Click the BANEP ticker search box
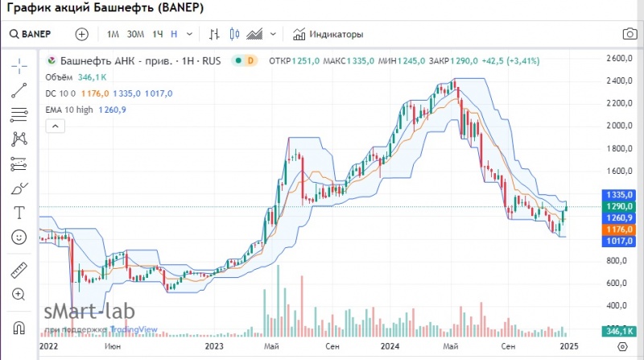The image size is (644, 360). [x=32, y=35]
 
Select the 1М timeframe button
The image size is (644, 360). [x=113, y=35]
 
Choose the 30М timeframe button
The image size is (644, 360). [x=135, y=35]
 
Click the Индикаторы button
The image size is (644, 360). [x=328, y=35]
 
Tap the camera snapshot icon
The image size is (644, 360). [x=629, y=35]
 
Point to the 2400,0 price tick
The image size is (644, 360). [x=620, y=81]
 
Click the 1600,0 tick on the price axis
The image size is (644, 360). [x=620, y=171]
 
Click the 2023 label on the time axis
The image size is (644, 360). [x=214, y=346]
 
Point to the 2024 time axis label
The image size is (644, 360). [x=390, y=346]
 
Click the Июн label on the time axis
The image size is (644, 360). [x=114, y=346]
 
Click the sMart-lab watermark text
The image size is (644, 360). [x=89, y=312]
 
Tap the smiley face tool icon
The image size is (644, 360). [x=19, y=238]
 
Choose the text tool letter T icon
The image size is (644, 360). [x=19, y=213]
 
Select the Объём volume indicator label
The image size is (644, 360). [x=61, y=77]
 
